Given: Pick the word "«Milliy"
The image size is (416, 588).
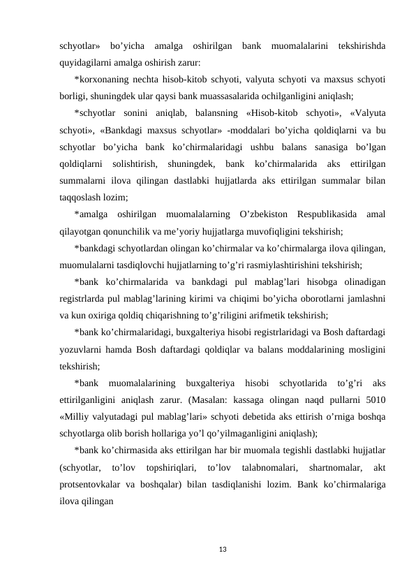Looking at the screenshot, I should [76, 415].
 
